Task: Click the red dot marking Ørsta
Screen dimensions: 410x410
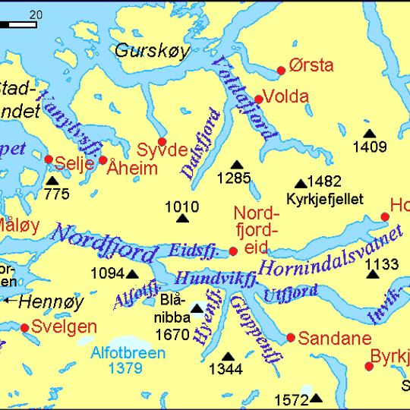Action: [281, 71]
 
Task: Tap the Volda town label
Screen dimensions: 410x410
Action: [286, 96]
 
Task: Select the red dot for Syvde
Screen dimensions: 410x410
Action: [162, 141]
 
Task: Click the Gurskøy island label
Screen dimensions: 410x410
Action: [151, 51]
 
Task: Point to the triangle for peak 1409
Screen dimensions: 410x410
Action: [370, 134]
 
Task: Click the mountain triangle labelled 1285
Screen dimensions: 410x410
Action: [237, 165]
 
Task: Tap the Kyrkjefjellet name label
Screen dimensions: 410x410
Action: [325, 200]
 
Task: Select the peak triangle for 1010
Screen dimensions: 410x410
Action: [182, 219]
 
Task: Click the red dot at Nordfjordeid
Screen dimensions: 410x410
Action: [233, 251]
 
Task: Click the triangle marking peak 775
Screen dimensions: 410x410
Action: [52, 181]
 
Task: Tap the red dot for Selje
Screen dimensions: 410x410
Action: [49, 159]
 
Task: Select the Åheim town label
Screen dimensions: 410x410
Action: [132, 168]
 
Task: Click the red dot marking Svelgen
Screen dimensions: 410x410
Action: [24, 328]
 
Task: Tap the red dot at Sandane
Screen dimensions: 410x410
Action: [291, 338]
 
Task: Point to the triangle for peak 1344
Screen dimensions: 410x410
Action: [228, 356]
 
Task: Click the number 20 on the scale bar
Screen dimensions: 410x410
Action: [36, 14]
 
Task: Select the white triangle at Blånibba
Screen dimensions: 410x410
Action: [197, 308]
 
